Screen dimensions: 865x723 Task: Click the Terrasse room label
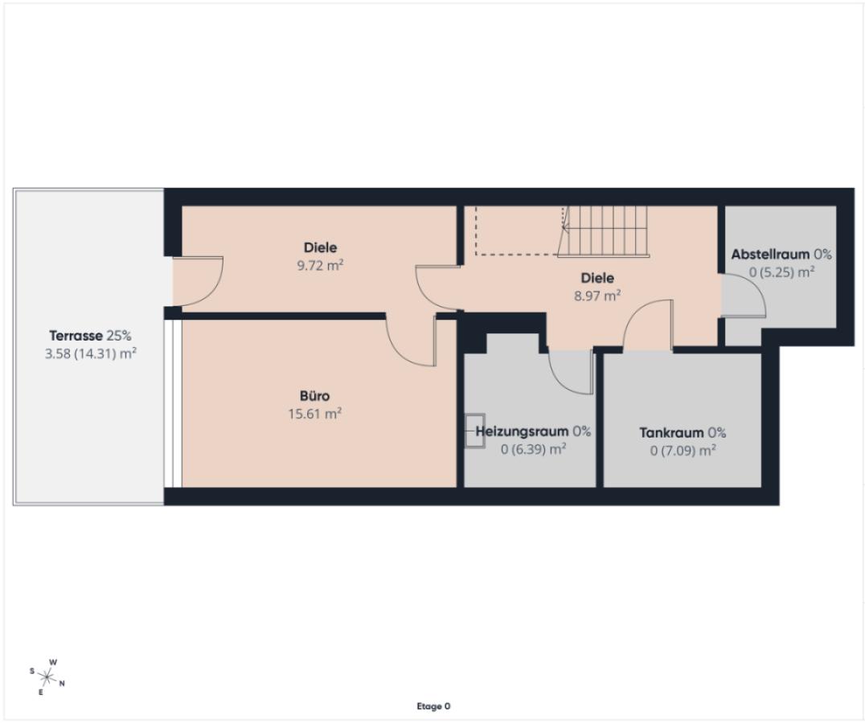[x=76, y=336]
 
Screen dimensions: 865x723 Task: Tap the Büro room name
[x=314, y=396]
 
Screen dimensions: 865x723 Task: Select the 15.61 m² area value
[x=314, y=413]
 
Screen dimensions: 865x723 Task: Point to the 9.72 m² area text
[x=321, y=266]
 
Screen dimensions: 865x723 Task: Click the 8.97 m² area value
[x=597, y=296]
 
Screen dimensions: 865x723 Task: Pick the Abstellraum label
[x=770, y=255]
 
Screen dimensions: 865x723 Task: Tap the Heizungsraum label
[x=522, y=431]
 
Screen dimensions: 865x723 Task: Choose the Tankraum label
[x=671, y=433]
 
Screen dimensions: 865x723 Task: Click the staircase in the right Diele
[x=604, y=231]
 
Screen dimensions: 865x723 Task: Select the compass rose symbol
[x=47, y=676]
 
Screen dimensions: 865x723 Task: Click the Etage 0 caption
[x=433, y=706]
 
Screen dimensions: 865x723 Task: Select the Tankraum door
[x=648, y=325]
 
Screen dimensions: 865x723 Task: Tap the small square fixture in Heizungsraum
[x=474, y=431]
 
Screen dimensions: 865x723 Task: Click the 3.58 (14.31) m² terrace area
[x=91, y=353]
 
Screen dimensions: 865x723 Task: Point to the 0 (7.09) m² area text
[x=683, y=451]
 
